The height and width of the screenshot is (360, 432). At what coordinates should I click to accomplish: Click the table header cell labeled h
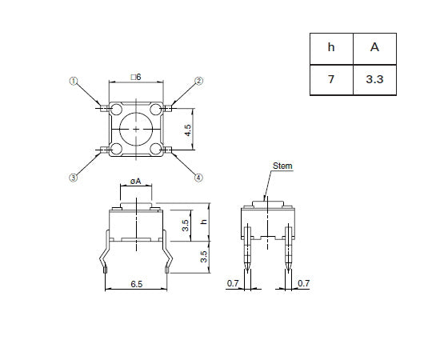point(331,47)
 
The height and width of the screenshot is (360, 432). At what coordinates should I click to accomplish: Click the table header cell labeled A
point(374,47)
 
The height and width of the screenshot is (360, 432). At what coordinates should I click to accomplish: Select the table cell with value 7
point(331,80)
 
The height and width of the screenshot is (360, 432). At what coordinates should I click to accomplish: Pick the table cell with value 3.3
point(374,80)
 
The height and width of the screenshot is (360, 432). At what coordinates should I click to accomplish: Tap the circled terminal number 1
point(74,81)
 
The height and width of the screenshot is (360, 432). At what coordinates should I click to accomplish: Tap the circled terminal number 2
point(199,81)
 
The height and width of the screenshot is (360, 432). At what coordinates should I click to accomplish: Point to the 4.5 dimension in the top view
point(188,129)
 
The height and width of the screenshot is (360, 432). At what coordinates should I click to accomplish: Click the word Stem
point(283,166)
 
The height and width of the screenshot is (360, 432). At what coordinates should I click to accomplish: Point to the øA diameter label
point(135,182)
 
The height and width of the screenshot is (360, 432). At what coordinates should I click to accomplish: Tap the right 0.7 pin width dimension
point(303,283)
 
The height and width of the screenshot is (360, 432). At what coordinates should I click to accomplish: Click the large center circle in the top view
point(136,129)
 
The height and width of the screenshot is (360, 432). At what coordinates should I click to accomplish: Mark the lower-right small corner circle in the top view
point(156,148)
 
